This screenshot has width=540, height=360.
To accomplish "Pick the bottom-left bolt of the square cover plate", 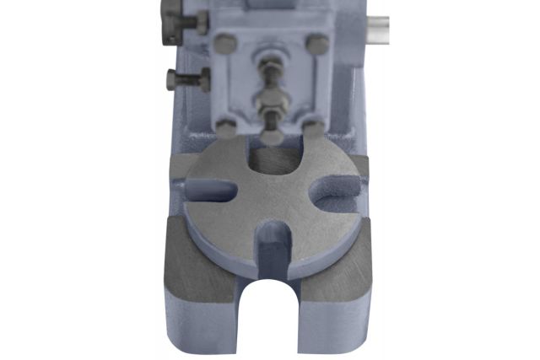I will click(225, 126).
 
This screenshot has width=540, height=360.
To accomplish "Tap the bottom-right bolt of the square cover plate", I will click(313, 127).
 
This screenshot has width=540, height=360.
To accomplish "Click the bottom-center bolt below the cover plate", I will click(271, 136).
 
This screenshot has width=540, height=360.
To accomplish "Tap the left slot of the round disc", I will click(212, 191).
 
